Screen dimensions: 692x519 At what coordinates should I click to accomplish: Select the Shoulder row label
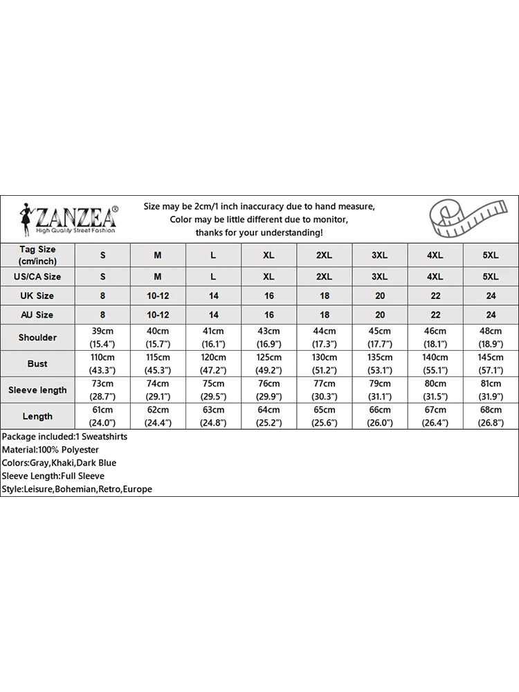coord(37,337)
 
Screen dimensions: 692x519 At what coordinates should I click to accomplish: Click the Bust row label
coord(37,363)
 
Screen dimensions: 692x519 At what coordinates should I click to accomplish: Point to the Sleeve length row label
coord(37,390)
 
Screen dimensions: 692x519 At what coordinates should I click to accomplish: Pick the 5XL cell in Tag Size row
coord(491,255)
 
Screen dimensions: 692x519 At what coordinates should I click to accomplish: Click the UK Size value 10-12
coord(158,295)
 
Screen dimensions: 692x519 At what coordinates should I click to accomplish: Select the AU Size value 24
coord(491,315)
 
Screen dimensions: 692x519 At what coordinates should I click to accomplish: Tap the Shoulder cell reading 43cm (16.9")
coord(268,337)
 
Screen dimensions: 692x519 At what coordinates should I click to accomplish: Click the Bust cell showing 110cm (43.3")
coord(103,363)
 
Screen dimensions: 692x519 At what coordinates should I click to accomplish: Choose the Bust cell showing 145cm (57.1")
coord(491,363)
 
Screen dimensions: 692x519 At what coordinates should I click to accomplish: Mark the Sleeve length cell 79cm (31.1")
coord(380,390)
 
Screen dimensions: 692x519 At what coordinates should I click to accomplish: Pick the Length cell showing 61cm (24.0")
coord(103,416)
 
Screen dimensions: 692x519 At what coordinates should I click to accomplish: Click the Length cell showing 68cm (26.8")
coord(491,416)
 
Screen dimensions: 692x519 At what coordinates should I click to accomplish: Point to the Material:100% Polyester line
coord(51,450)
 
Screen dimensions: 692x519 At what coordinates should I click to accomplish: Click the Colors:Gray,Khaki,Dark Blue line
coord(60,463)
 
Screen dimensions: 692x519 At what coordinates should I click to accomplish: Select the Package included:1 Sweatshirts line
coord(65,437)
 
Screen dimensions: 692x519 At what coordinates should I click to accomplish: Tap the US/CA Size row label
coord(37,276)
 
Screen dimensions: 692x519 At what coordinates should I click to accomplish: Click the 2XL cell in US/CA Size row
coord(324,276)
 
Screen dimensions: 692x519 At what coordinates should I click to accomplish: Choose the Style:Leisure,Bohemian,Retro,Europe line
coord(77,489)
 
